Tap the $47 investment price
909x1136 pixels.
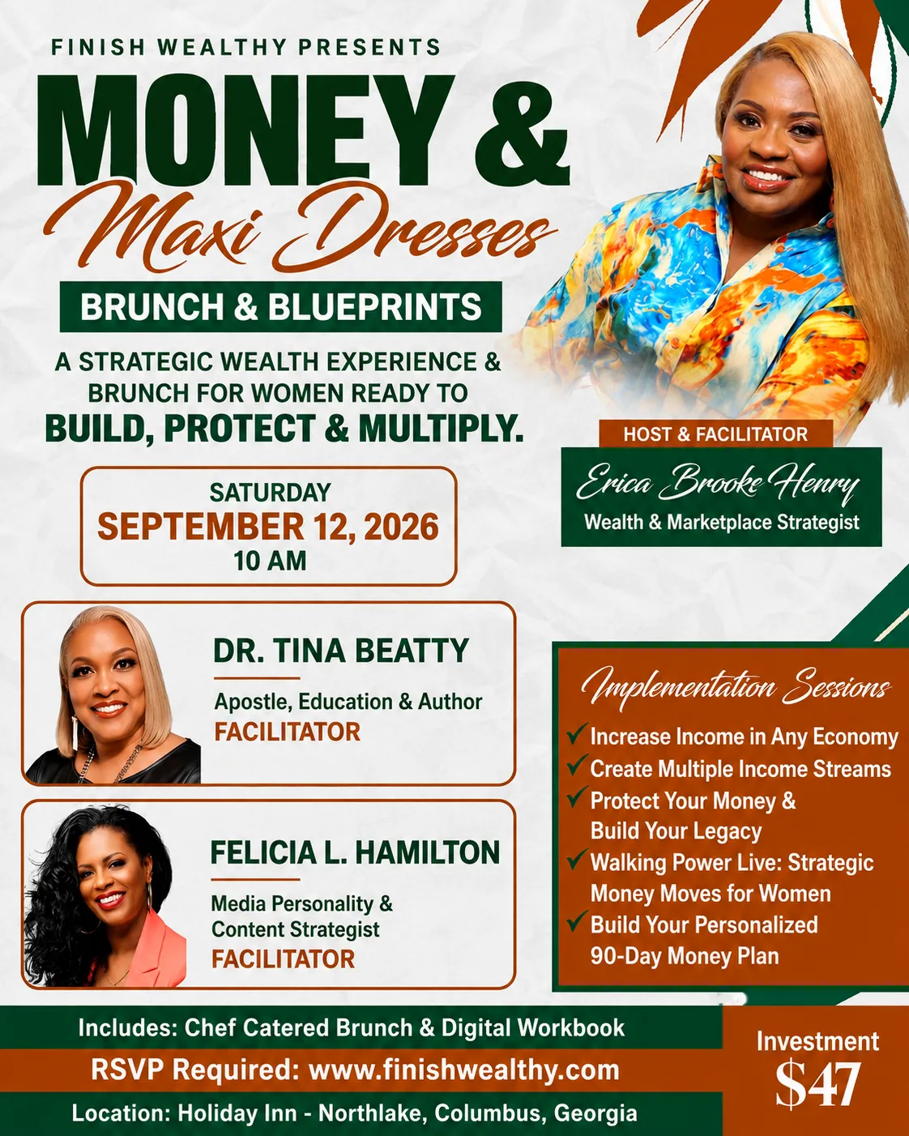(x=817, y=1085)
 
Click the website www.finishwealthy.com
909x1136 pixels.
(x=464, y=1070)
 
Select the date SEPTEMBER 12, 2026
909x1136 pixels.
(x=268, y=527)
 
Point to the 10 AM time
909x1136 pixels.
(x=270, y=561)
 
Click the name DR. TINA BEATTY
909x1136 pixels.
(x=341, y=651)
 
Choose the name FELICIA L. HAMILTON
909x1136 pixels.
(x=355, y=852)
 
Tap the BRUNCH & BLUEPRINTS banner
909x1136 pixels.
(x=281, y=307)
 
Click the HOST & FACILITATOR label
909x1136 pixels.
(x=716, y=434)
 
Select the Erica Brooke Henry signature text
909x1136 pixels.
(x=718, y=482)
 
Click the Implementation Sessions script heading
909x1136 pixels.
(x=736, y=686)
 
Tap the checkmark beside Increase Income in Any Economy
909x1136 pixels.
(x=577, y=733)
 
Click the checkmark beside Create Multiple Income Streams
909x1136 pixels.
(x=577, y=765)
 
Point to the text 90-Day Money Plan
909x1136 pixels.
(x=685, y=956)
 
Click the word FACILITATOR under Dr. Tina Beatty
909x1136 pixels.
(x=287, y=732)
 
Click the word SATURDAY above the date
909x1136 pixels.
(x=271, y=493)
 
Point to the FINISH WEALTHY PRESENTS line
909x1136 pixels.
(x=246, y=47)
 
